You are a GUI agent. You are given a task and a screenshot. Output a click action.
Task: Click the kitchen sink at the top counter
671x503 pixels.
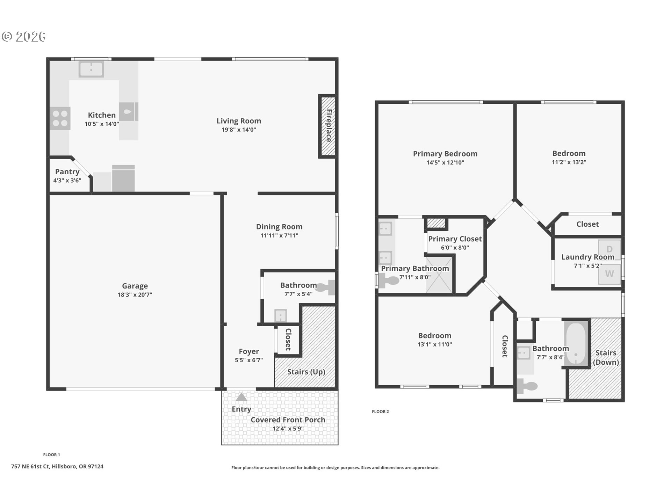[91, 69]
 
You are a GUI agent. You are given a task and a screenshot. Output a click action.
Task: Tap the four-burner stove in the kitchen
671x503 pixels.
[60, 118]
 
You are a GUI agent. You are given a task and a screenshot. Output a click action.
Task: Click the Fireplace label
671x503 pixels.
[329, 126]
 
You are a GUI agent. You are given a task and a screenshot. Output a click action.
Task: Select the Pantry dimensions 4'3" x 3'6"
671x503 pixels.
[67, 181]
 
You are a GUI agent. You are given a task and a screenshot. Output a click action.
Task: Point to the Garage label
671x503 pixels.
[135, 286]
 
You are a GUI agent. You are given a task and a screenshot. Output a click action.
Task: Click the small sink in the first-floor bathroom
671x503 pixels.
[281, 315]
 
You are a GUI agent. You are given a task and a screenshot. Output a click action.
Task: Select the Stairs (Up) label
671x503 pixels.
[306, 372]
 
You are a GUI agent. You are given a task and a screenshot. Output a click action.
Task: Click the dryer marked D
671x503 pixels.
[609, 249]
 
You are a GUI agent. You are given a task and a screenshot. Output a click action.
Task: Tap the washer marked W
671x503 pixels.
[609, 274]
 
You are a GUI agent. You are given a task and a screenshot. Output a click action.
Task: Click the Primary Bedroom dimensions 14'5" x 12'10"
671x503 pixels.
[445, 162]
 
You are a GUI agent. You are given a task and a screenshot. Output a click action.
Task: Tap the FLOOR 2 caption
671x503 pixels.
[380, 411]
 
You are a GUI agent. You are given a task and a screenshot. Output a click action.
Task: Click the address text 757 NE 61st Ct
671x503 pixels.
[30, 466]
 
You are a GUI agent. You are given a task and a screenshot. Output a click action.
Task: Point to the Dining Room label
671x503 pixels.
[279, 227]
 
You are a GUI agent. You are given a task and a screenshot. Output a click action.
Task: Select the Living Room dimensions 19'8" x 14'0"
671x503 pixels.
[239, 130]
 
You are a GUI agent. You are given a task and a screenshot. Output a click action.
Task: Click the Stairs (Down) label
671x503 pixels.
[606, 357]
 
